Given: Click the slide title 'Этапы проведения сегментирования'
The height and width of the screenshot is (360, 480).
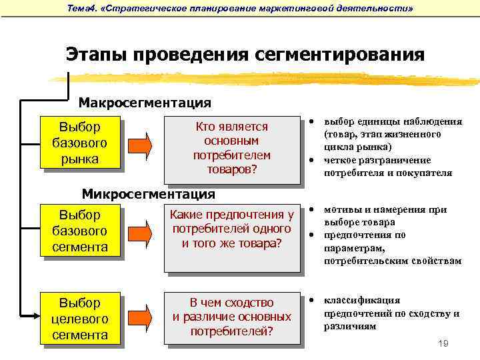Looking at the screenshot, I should tap(245, 54).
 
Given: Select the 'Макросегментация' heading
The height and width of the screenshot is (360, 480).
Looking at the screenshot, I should tap(145, 103).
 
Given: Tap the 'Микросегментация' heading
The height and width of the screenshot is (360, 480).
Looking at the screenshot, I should tap(149, 194).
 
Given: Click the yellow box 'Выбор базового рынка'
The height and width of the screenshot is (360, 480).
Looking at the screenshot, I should tap(79, 143).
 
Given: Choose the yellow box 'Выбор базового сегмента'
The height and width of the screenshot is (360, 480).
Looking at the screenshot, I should tap(79, 231).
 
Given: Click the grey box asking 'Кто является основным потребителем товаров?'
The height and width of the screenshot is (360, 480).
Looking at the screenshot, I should tap(231, 149).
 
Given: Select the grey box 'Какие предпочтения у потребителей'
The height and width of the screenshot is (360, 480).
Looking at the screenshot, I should tap(231, 229).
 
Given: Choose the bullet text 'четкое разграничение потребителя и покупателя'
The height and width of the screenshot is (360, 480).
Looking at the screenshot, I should tap(387, 167).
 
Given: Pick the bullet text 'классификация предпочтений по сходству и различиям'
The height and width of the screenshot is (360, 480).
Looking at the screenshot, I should tap(391, 313).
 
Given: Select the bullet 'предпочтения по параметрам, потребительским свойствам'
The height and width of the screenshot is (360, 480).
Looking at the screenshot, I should tap(392, 248).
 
